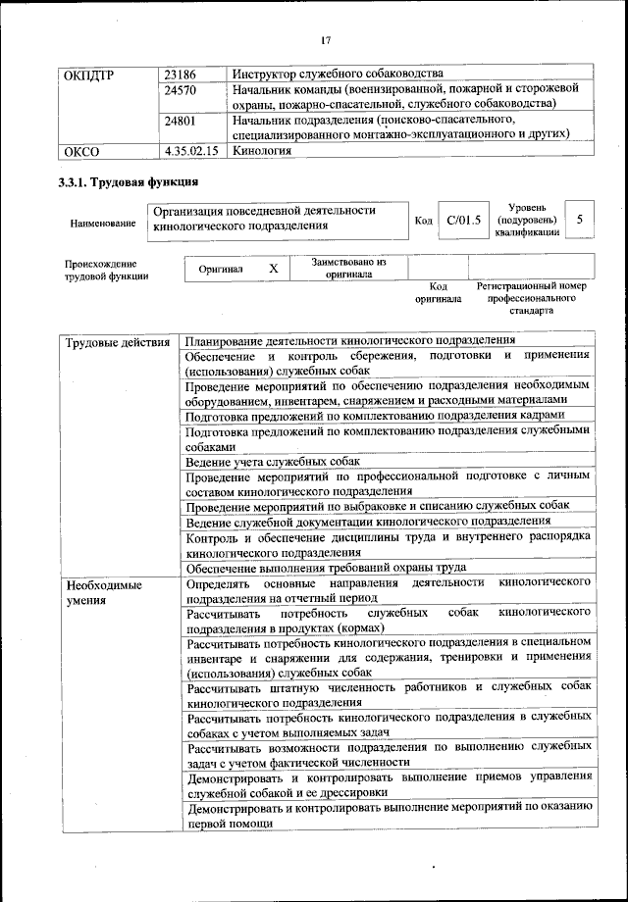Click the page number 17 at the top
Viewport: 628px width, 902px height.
[326, 40]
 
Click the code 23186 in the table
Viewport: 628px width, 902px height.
[182, 74]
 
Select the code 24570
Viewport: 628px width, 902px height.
[182, 88]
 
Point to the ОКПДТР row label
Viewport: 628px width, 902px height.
[88, 74]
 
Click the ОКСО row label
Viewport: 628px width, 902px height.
[81, 151]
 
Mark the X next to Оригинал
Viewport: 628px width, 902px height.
[274, 268]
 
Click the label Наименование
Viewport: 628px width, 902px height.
[102, 225]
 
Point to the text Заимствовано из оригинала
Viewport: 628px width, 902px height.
[348, 268]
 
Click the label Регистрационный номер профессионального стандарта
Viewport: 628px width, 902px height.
[531, 297]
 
